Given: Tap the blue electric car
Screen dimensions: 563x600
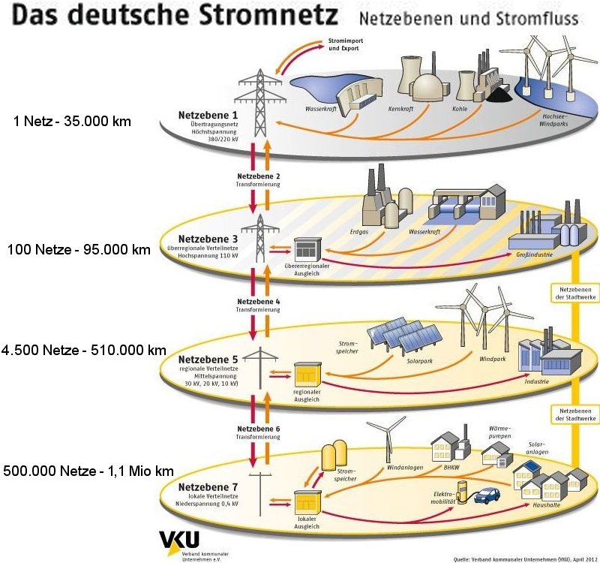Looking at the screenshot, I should point(489,496).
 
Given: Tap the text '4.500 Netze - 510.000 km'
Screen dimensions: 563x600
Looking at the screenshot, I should point(84,351).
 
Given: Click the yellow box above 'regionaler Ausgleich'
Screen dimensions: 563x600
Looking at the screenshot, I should point(307,372).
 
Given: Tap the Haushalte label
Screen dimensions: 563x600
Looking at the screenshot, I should point(541,506).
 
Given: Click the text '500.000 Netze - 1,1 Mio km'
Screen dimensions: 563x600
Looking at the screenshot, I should point(88,471).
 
